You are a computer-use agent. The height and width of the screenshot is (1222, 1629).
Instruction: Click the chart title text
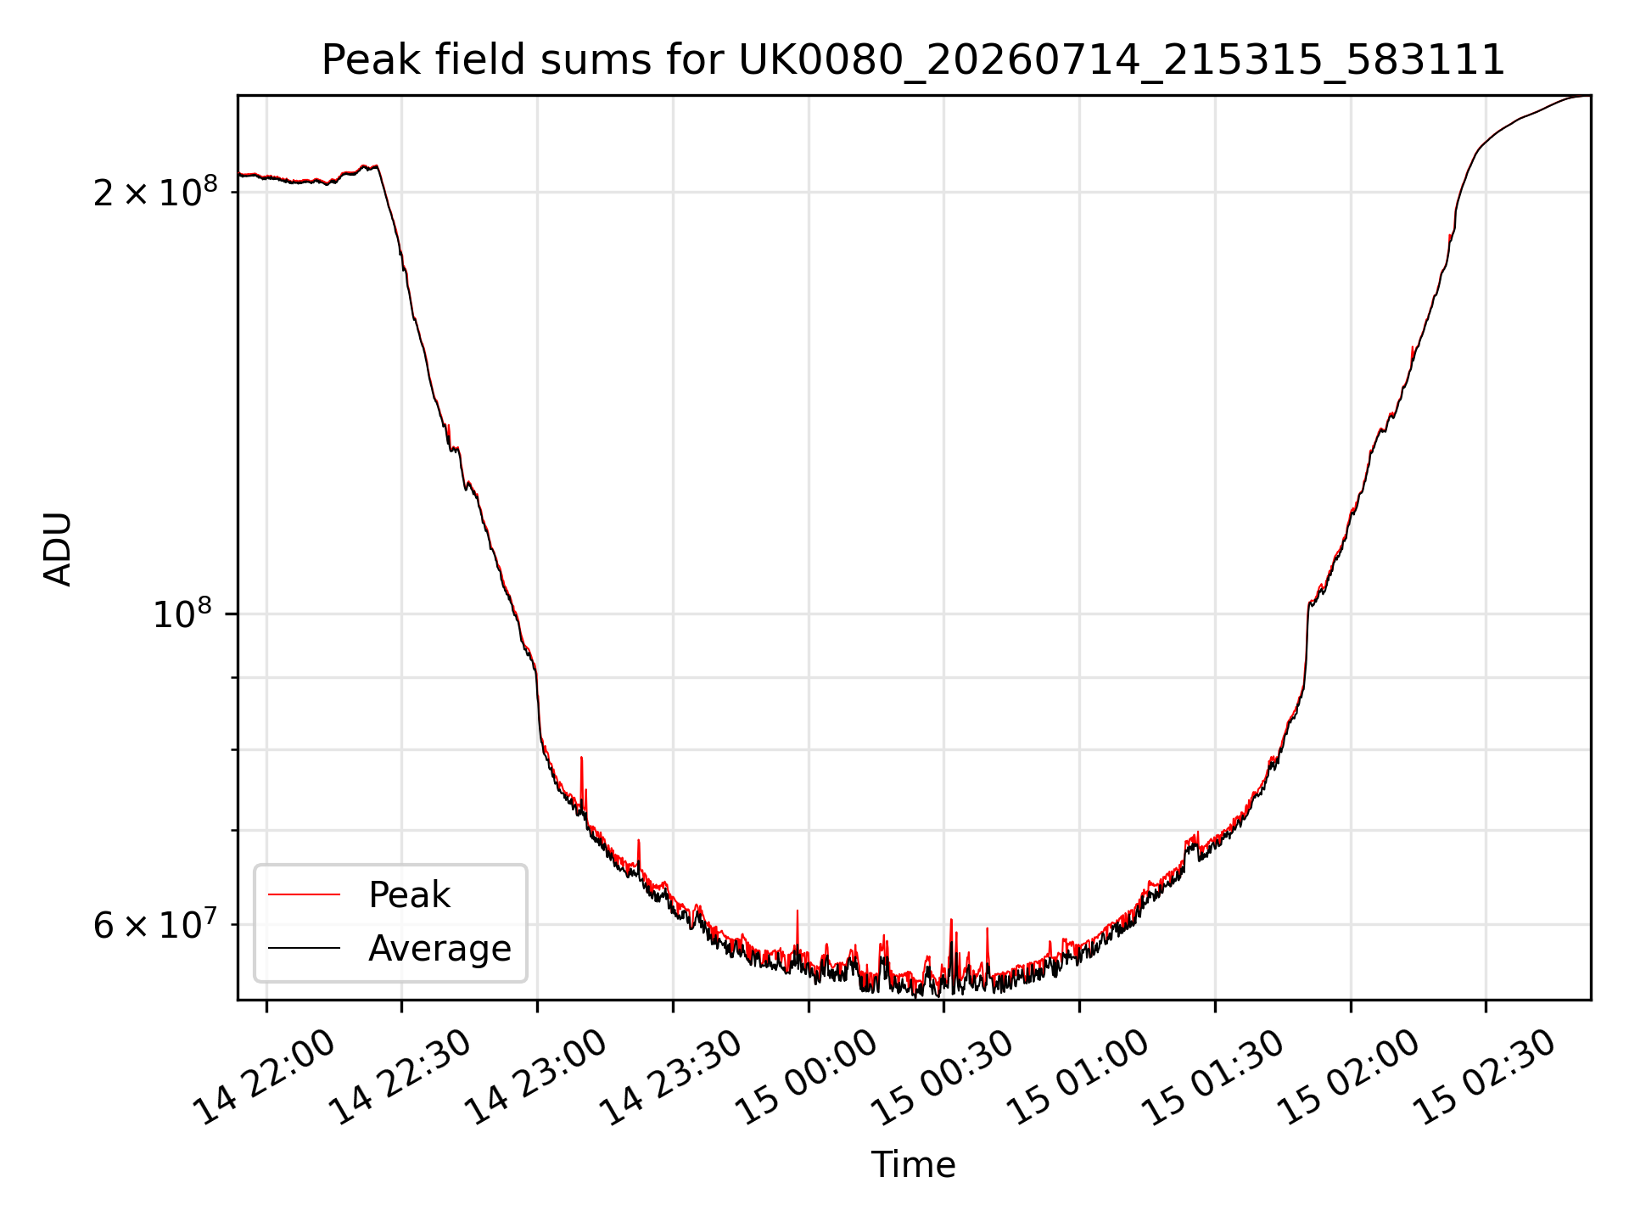tap(913, 60)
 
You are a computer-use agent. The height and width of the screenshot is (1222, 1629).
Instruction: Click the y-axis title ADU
tap(58, 549)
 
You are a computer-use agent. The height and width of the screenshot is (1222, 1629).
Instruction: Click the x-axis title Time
tap(913, 1165)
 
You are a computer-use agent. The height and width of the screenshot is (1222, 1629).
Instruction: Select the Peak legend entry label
tap(409, 895)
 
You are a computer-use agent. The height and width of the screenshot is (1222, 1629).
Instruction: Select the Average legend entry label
tap(439, 948)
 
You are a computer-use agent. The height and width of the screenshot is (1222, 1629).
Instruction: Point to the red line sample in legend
tap(304, 894)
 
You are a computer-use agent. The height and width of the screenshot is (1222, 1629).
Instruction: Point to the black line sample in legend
tap(304, 948)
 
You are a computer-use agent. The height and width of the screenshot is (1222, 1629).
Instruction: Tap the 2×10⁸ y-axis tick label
tap(155, 192)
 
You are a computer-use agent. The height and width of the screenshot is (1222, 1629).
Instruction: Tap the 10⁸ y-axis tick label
tap(184, 614)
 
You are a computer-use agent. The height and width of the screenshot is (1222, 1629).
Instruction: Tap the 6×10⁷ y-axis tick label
tap(155, 924)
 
